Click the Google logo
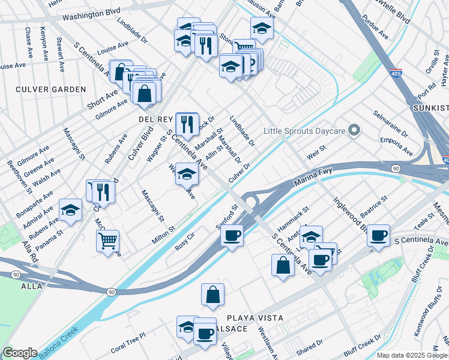pyautogui.click(x=19, y=353)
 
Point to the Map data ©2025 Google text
pyautogui.click(x=411, y=355)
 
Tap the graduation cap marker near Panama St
pyautogui.click(x=71, y=211)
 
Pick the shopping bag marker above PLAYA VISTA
pyautogui.click(x=212, y=295)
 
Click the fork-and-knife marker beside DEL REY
pyautogui.click(x=187, y=124)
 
